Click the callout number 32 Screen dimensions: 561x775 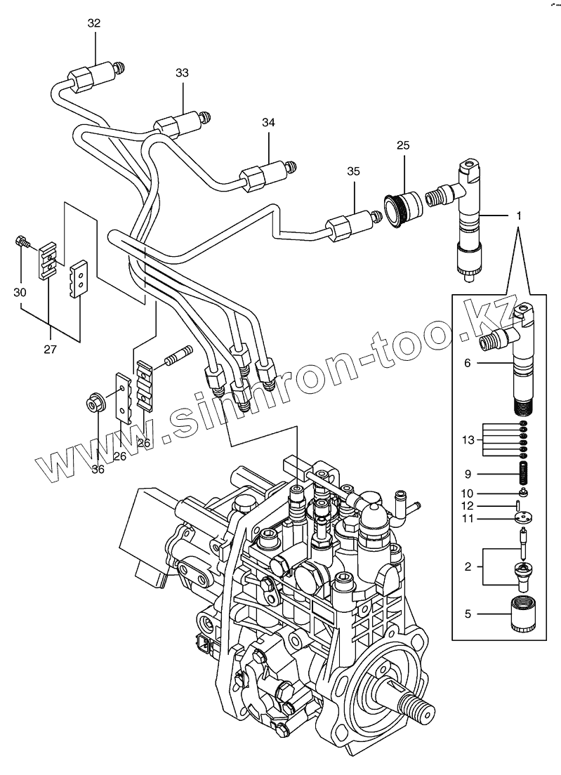pyautogui.click(x=94, y=23)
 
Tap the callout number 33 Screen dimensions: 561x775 pyautogui.click(x=183, y=73)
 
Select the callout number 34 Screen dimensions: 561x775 pyautogui.click(x=268, y=122)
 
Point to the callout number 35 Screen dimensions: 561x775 pyautogui.click(x=353, y=171)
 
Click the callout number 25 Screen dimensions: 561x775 pyautogui.click(x=403, y=145)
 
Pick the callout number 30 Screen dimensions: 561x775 pyautogui.click(x=20, y=293)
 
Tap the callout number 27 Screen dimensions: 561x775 pyautogui.click(x=50, y=350)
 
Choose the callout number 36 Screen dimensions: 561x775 pyautogui.click(x=98, y=469)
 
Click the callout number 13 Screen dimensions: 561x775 pyautogui.click(x=468, y=440)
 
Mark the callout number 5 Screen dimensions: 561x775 pyautogui.click(x=468, y=614)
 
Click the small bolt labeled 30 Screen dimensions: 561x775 pyautogui.click(x=22, y=241)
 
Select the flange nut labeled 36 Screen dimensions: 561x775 pyautogui.click(x=94, y=404)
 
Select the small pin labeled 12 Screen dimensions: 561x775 pyautogui.click(x=517, y=505)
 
